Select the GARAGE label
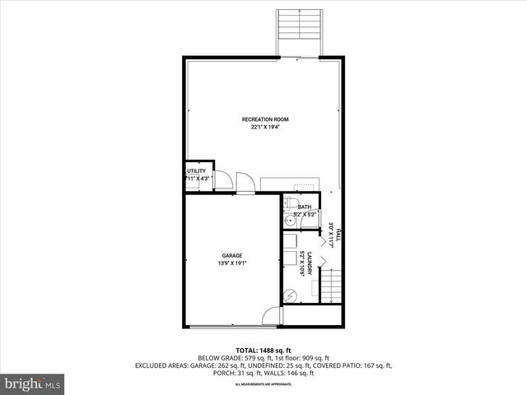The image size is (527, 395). click(231, 256)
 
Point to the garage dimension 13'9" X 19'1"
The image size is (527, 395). click(231, 263)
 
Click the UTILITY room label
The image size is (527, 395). click(196, 171)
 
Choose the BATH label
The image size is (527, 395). click(305, 207)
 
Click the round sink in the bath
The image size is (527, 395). click(289, 221)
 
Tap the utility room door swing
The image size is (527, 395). click(222, 180)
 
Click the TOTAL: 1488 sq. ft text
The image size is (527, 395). click(263, 349)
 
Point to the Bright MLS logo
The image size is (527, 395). click(33, 383)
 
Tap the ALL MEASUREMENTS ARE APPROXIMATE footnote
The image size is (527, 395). click(263, 384)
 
